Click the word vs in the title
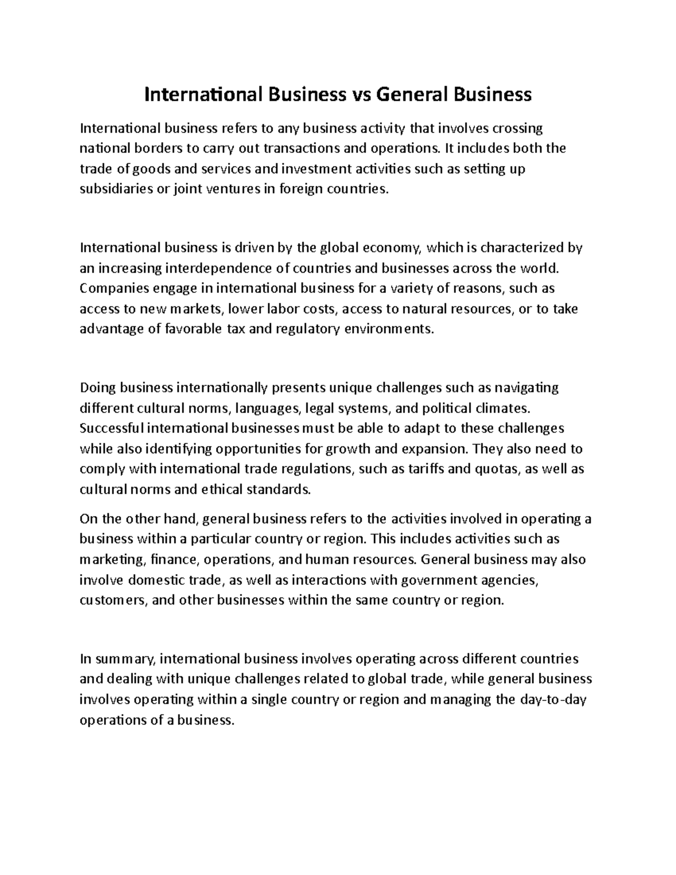[x=361, y=95]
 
